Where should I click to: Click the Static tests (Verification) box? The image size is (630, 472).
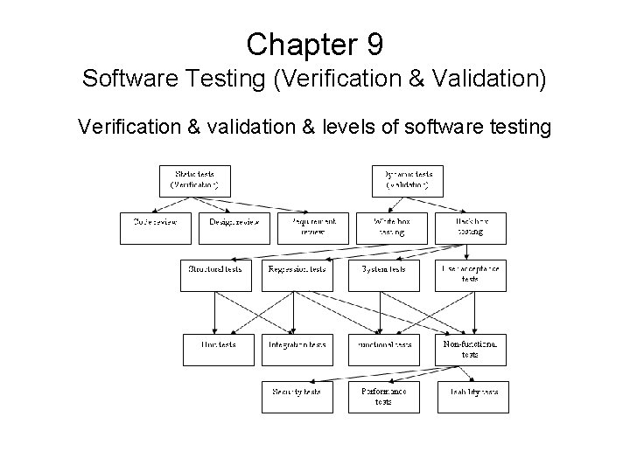(198, 180)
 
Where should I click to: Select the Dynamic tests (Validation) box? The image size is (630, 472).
(408, 180)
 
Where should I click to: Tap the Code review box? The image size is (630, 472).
(155, 228)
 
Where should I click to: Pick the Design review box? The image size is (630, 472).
(234, 228)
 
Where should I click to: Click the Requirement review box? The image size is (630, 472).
(313, 228)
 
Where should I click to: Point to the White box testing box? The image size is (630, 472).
(392, 228)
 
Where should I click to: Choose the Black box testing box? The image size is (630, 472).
(472, 228)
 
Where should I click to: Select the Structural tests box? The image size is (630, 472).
(215, 274)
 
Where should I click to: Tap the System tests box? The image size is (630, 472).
(384, 274)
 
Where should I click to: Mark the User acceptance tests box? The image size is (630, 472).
(472, 274)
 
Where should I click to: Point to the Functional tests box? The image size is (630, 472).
(384, 350)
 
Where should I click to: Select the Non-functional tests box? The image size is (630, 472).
(472, 350)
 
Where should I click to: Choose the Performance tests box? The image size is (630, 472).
(384, 397)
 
